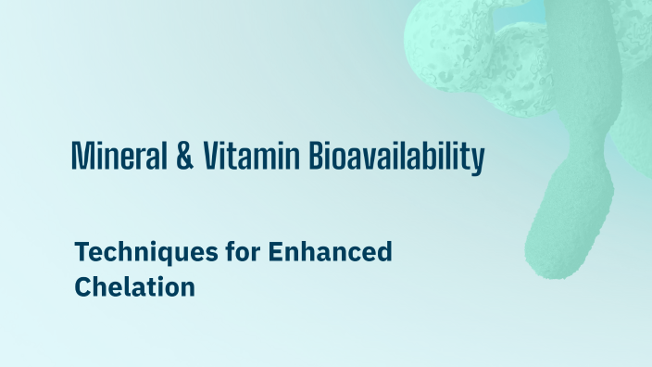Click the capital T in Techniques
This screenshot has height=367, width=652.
(x=81, y=251)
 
